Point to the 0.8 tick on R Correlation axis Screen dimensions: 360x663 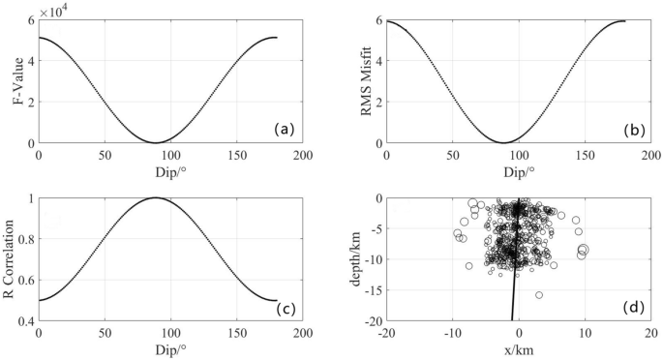coord(25,238)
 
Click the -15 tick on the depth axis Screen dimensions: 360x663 coord(370,289)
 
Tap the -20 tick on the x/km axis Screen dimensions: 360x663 coord(386,334)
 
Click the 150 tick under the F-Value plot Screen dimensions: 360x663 coord(237,155)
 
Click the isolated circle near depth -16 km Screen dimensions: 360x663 coord(539,294)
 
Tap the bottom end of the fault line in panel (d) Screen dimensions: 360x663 coord(512,319)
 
